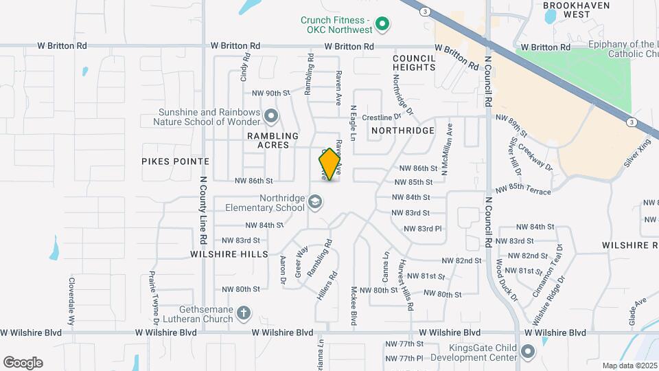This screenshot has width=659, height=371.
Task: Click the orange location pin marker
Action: tap(329, 164)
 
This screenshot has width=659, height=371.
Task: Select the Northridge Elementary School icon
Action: tap(315, 201)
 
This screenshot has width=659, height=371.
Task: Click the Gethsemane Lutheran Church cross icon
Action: tap(243, 314)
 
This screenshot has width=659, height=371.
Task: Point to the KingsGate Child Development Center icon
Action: tap(528, 352)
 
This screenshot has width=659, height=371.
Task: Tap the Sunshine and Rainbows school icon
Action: tap(271, 116)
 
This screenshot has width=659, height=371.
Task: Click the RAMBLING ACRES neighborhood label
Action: tap(273, 141)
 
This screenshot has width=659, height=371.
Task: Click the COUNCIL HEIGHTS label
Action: tap(414, 63)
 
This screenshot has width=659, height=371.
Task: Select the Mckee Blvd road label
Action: tap(354, 306)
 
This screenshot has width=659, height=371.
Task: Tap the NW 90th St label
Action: tap(272, 93)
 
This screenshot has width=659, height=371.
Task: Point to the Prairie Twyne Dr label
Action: tap(155, 297)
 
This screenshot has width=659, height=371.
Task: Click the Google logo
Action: tap(23, 363)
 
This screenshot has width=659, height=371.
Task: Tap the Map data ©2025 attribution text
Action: tap(629, 366)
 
